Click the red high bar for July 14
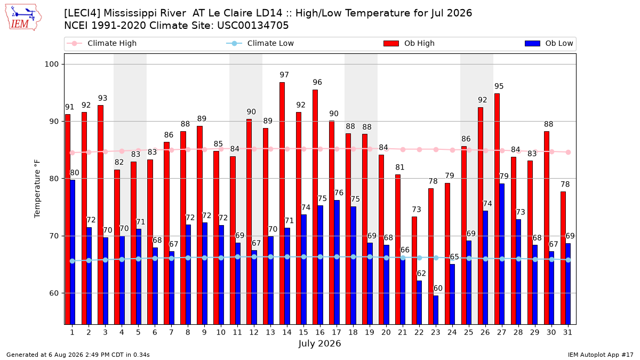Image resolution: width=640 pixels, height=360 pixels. coord(282,203)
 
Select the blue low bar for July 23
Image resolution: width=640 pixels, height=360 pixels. coord(436,310)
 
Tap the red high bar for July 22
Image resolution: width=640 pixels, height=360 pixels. coord(414,270)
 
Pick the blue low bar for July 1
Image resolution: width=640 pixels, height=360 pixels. coord(73,252)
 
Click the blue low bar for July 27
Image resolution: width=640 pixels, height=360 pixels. coord(502,254)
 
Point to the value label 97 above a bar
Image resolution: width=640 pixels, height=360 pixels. coord(284,75)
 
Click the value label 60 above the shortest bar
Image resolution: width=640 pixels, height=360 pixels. coord(438,289)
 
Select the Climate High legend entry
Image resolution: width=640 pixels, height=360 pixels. coord(101,43)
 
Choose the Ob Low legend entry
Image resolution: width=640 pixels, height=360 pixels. coord(549,43)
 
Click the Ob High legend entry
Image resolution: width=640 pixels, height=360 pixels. coord(409,43)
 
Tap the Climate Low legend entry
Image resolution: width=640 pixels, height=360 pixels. coord(260,43)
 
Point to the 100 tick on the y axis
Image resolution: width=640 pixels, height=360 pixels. coord(51,65)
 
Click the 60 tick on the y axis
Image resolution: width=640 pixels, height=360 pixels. coord(54,293)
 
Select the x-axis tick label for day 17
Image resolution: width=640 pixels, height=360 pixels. coord(337,333)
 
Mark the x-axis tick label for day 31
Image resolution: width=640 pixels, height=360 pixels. coord(567,333)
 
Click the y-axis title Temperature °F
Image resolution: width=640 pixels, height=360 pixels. coord(37,189)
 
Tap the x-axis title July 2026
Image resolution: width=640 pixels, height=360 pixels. coord(319,343)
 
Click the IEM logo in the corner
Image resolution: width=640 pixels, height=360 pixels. coord(23,18)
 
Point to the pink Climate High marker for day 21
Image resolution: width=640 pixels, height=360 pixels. coord(403,150)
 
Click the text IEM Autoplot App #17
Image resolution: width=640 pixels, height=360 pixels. coord(601,355)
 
